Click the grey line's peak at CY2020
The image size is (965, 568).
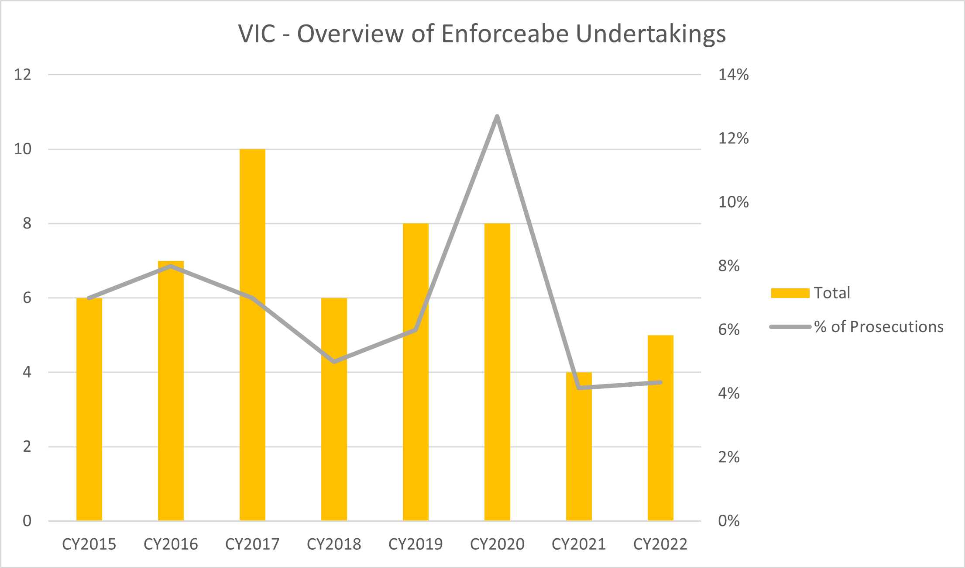(x=497, y=116)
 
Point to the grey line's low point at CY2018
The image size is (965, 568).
(x=334, y=362)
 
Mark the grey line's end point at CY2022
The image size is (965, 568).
(x=661, y=382)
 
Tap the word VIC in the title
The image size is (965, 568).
(x=257, y=34)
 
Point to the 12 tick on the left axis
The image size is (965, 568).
(x=23, y=75)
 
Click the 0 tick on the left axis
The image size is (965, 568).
(x=27, y=521)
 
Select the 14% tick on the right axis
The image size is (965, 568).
(x=733, y=75)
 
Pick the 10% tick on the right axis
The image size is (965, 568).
(x=733, y=202)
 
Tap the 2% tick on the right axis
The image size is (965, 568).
(x=729, y=457)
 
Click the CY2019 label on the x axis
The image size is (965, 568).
(x=416, y=544)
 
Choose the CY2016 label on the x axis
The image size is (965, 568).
(x=171, y=544)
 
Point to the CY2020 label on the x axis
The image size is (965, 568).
(x=497, y=544)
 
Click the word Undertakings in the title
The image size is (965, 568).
(x=651, y=34)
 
